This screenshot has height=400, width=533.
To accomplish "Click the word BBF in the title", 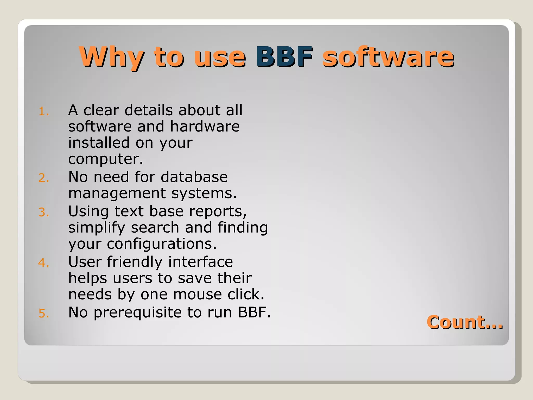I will (x=284, y=57).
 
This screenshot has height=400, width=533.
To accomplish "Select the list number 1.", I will (x=44, y=112).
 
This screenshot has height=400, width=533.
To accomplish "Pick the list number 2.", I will (x=44, y=178).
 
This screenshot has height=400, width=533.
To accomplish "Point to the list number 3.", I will (x=44, y=212).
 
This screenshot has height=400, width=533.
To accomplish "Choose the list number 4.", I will (x=44, y=263).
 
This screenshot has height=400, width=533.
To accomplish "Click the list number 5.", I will (x=44, y=313).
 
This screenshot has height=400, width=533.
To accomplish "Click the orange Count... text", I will (x=465, y=322).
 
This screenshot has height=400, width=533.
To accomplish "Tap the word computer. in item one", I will (x=106, y=159).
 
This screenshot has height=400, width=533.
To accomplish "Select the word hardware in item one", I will (x=205, y=127).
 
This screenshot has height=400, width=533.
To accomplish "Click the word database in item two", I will (x=194, y=177).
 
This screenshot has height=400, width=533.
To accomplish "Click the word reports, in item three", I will (x=218, y=211).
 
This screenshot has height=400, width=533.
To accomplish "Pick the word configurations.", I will (x=162, y=244).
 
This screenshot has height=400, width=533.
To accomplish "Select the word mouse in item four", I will (x=198, y=295).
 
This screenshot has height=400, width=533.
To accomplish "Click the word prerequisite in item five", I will (x=138, y=312).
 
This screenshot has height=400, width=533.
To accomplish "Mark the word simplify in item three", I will (x=97, y=228).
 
